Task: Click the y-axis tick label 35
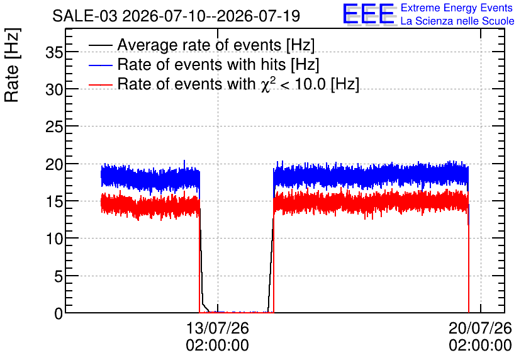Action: pyautogui.click(x=54, y=52)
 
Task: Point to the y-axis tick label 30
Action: pyautogui.click(x=54, y=89)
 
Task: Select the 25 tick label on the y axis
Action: pyautogui.click(x=54, y=127)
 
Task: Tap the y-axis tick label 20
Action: pyautogui.click(x=54, y=164)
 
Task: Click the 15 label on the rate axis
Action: pyautogui.click(x=54, y=201)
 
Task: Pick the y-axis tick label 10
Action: pyautogui.click(x=54, y=239)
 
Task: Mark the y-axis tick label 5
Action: pyautogui.click(x=59, y=276)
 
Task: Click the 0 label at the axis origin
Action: pyautogui.click(x=59, y=313)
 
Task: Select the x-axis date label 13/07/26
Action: pyautogui.click(x=217, y=328)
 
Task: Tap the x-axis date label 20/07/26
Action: pyautogui.click(x=480, y=328)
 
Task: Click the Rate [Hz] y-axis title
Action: pyautogui.click(x=12, y=65)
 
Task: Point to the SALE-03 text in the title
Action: pyautogui.click(x=85, y=16)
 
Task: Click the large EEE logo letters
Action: pyautogui.click(x=369, y=14)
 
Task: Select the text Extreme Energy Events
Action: pyautogui.click(x=457, y=8)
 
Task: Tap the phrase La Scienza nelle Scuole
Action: pyautogui.click(x=457, y=21)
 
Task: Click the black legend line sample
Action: pyautogui.click(x=101, y=45)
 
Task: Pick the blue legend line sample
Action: pyautogui.click(x=101, y=64)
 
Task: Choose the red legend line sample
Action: pyautogui.click(x=101, y=84)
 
